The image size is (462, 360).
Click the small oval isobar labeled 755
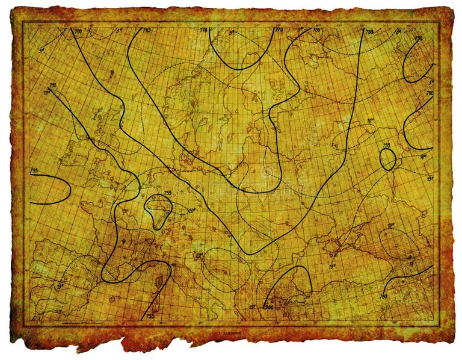point(388,160)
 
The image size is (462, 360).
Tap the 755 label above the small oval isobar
point(387,146)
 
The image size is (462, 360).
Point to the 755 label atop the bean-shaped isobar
point(167,193)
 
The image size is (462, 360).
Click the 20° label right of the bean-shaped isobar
point(191,211)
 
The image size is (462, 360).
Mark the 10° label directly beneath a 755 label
point(46,93)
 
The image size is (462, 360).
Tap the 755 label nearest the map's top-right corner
point(419,38)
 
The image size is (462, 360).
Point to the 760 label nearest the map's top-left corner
point(78,31)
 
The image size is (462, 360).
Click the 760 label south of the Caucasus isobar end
point(383,296)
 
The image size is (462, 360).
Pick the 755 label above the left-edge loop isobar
point(34,170)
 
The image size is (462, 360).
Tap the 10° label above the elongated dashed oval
point(371,121)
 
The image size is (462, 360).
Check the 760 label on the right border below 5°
point(430,93)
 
